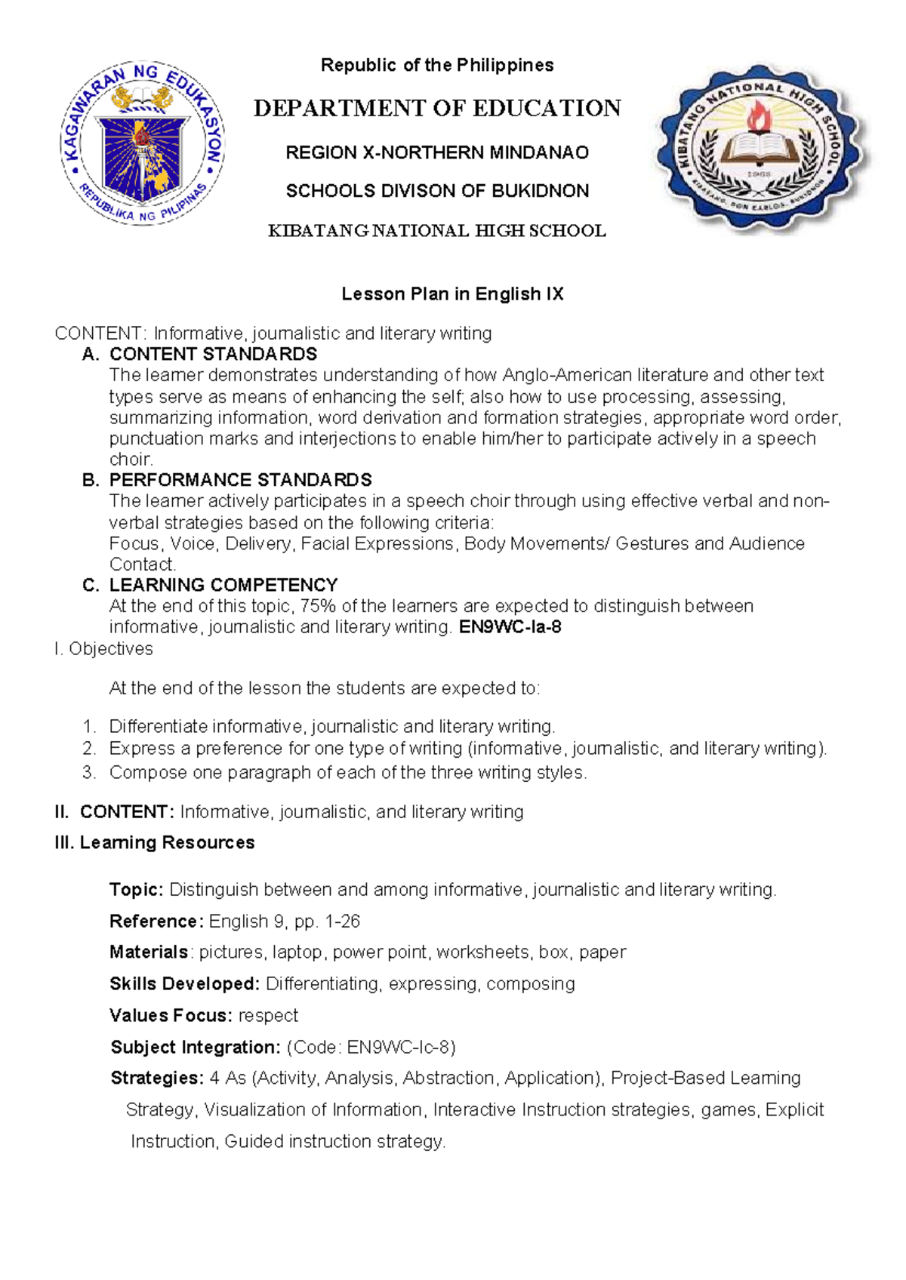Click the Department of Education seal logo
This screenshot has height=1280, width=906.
click(x=143, y=143)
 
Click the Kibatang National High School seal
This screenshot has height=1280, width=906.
click(x=763, y=149)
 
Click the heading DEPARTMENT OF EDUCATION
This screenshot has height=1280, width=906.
click(x=437, y=109)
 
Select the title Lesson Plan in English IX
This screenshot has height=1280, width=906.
click(x=452, y=294)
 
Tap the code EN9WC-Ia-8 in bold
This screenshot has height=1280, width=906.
click(x=510, y=627)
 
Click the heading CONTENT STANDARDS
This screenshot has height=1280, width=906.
click(x=213, y=354)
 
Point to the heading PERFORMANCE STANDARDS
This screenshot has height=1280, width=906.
click(x=240, y=480)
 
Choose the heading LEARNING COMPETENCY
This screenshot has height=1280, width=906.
click(x=223, y=585)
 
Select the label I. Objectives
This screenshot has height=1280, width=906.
click(x=103, y=649)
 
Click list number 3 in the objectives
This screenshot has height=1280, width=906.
click(x=89, y=773)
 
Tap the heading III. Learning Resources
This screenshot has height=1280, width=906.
click(x=154, y=843)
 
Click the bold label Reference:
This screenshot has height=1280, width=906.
click(x=156, y=922)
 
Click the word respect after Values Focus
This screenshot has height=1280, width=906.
click(x=268, y=1016)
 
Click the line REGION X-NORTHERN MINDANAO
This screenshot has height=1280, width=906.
click(x=437, y=153)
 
